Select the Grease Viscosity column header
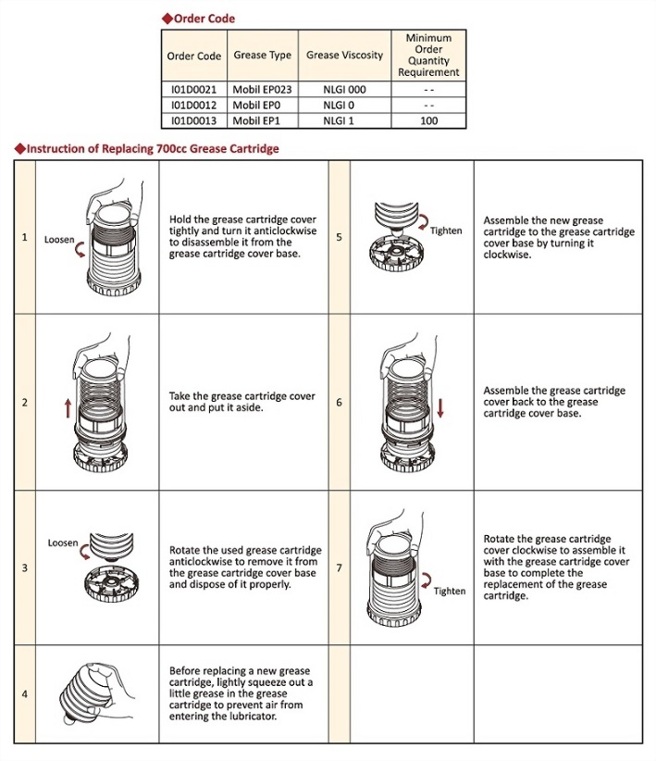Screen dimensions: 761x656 coord(344,56)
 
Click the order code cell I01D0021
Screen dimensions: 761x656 coord(193,91)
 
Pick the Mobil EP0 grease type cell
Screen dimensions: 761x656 coord(258,106)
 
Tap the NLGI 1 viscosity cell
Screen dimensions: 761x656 coord(344,120)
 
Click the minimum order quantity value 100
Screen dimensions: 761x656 coord(428,120)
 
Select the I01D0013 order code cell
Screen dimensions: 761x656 coord(193,120)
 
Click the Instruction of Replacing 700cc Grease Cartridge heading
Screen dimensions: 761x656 coord(153,148)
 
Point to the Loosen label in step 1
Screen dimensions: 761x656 coord(59,240)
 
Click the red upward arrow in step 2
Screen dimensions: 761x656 coord(68,408)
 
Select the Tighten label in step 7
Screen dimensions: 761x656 coord(450,591)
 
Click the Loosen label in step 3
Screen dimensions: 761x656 coord(63,543)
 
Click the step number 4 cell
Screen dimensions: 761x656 coord(24,693)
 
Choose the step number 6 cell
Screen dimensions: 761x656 coord(339,403)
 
